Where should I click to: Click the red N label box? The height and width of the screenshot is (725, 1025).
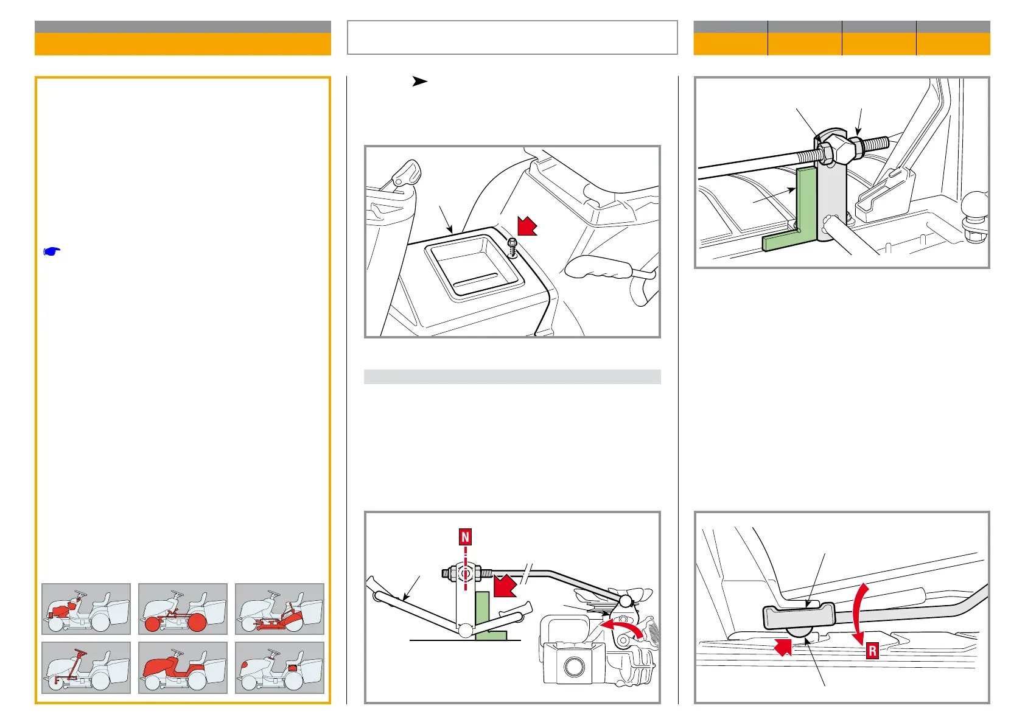(466, 537)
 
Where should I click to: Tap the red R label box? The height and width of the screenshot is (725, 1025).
(872, 651)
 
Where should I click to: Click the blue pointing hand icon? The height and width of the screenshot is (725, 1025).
(52, 251)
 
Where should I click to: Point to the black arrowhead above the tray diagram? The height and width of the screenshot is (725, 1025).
(419, 81)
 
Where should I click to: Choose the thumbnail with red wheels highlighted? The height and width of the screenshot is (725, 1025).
(183, 609)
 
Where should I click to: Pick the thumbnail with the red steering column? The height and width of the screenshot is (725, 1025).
(86, 667)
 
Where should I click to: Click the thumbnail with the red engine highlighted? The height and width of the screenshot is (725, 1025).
(86, 609)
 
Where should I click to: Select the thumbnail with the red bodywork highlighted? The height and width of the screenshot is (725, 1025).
(183, 667)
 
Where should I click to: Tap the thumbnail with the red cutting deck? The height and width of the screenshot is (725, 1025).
(279, 609)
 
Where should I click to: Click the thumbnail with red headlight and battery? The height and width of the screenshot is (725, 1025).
(279, 667)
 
